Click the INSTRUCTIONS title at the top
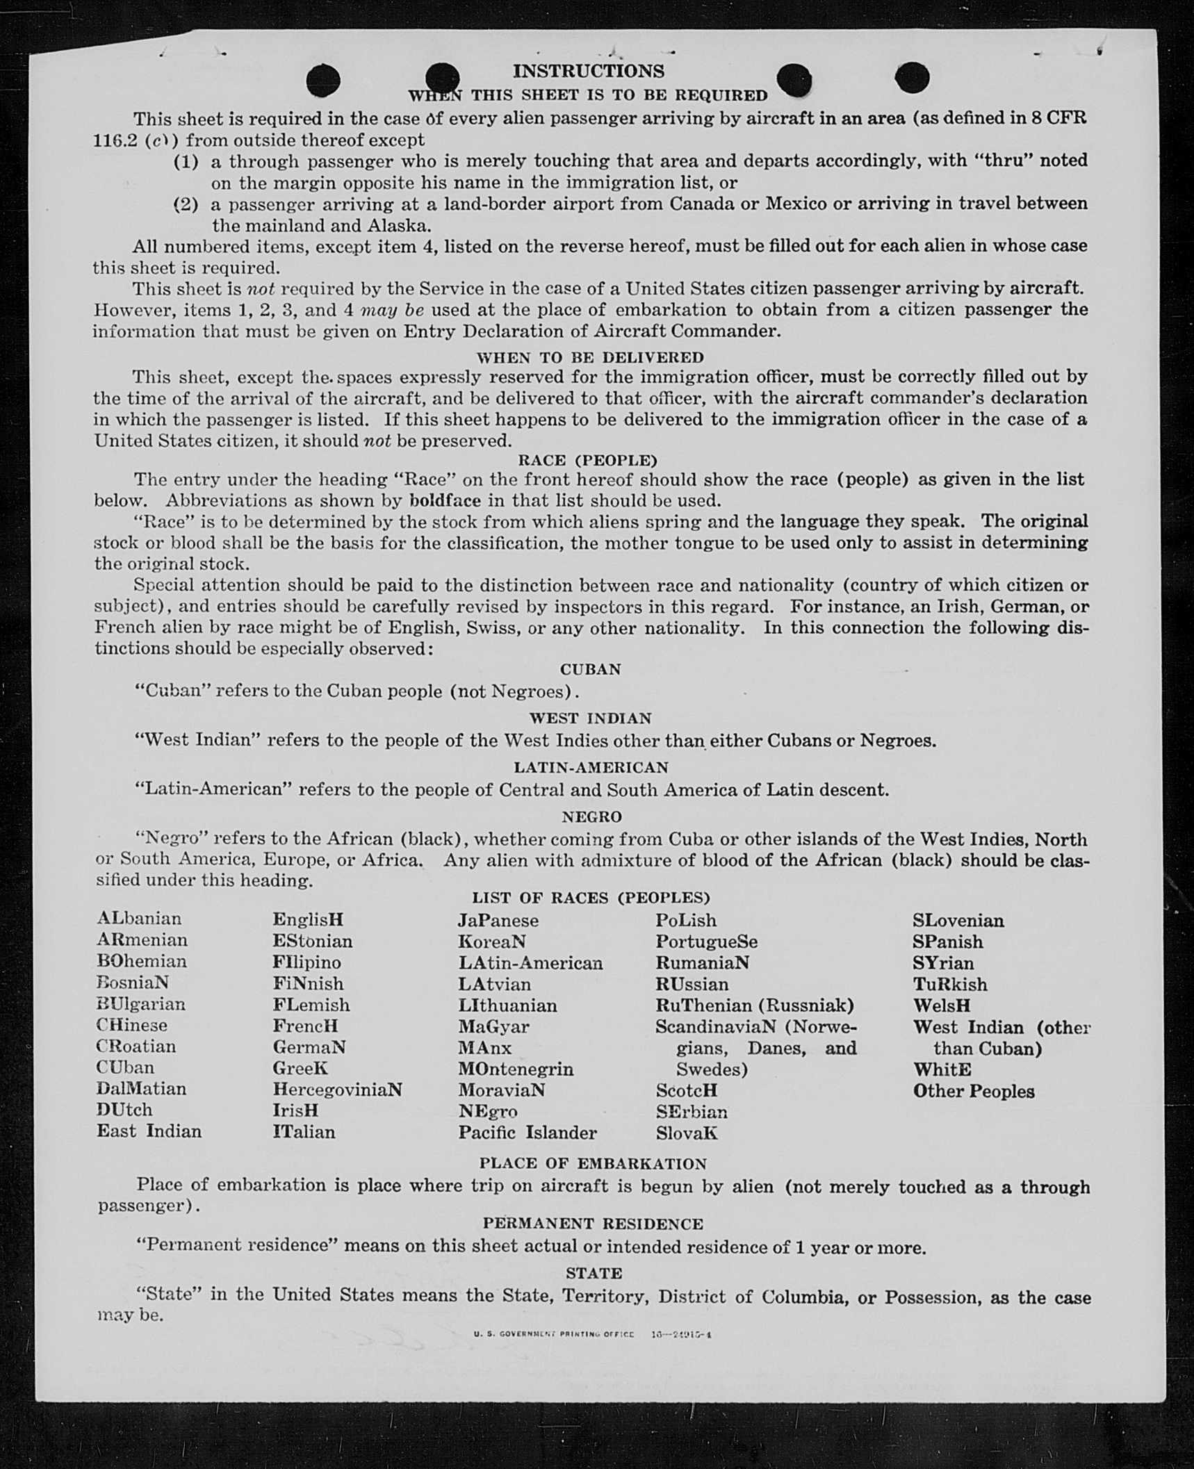coord(588,71)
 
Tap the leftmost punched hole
coord(323,80)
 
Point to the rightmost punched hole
coord(912,77)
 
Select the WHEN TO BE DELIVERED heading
coord(590,357)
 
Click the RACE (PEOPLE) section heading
coord(587,460)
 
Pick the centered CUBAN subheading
coord(591,669)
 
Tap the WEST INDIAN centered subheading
coord(590,718)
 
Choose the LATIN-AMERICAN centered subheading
coord(591,767)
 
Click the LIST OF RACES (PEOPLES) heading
coord(591,897)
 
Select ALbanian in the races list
coord(139,919)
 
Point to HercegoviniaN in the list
coord(337,1089)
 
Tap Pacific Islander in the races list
coord(527,1133)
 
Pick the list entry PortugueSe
coord(706,942)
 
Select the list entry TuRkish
coord(949,984)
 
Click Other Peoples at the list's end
coord(973,1091)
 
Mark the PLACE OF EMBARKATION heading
coord(592,1163)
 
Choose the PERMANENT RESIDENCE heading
coord(593,1223)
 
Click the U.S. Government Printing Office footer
coord(554,1334)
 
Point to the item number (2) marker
coord(186,204)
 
